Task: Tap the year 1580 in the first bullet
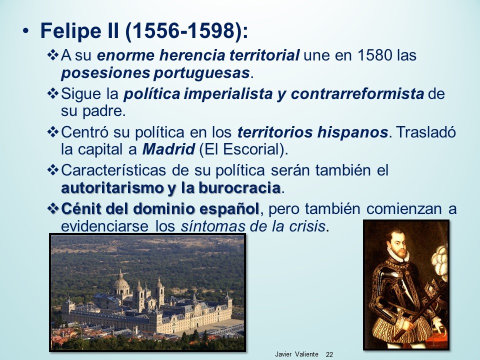tap(374, 55)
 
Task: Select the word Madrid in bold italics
tap(168, 149)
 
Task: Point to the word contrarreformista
tap(357, 94)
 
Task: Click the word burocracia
tap(239, 188)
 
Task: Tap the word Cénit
tap(81, 209)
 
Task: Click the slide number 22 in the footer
tap(329, 354)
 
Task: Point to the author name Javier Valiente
tap(296, 354)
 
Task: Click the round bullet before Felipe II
tap(25, 31)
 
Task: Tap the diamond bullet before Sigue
tap(52, 93)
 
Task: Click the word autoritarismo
tap(112, 188)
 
